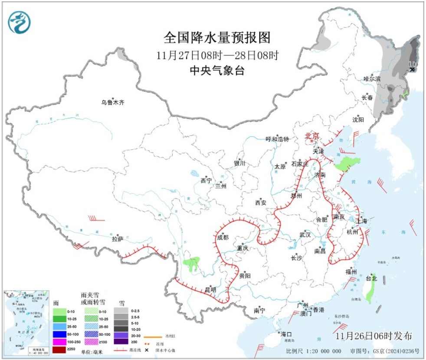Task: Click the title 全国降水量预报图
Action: coord(217,38)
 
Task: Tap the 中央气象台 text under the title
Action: coord(217,71)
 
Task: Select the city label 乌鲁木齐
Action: coord(113,103)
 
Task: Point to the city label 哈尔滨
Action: coord(372,79)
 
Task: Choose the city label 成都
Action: coord(222,237)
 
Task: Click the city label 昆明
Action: coord(210,289)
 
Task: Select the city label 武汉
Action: coord(305,235)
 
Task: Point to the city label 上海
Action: coord(361,221)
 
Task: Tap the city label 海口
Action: coord(285,334)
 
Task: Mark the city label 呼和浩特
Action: coord(277,139)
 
